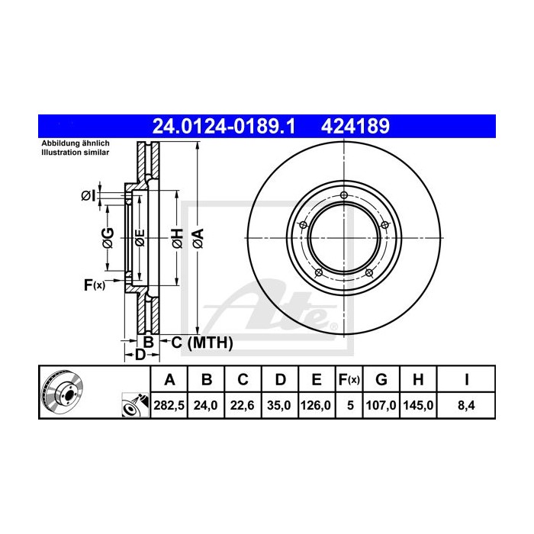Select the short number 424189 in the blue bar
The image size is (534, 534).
pyautogui.click(x=358, y=125)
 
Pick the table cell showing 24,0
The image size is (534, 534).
pyautogui.click(x=206, y=407)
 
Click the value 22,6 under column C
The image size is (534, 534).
pyautogui.click(x=243, y=407)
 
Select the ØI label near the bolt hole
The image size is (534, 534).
pyautogui.click(x=88, y=197)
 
